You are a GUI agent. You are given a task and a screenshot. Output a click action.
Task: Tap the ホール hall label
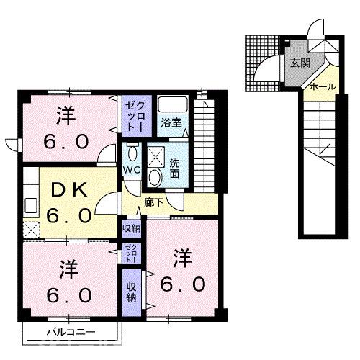click(x=322, y=86)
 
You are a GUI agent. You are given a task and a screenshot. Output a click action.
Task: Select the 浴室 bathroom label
click(x=171, y=122)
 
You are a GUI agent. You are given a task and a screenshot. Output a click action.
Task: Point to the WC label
click(x=131, y=170)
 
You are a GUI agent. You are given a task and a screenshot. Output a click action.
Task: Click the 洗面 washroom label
click(x=174, y=168)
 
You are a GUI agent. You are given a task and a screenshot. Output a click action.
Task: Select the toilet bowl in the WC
click(x=132, y=153)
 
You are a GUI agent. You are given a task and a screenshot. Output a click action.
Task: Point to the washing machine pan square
click(x=155, y=155)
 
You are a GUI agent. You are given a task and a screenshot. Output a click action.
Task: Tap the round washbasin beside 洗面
click(x=154, y=177)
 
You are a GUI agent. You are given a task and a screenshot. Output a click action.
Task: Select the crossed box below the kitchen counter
click(x=30, y=230)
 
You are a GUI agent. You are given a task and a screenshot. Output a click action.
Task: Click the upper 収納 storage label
click(x=131, y=228)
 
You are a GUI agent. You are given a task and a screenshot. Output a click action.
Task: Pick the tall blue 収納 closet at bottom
click(x=131, y=292)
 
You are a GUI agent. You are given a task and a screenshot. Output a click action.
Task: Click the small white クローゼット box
click(x=130, y=254)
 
